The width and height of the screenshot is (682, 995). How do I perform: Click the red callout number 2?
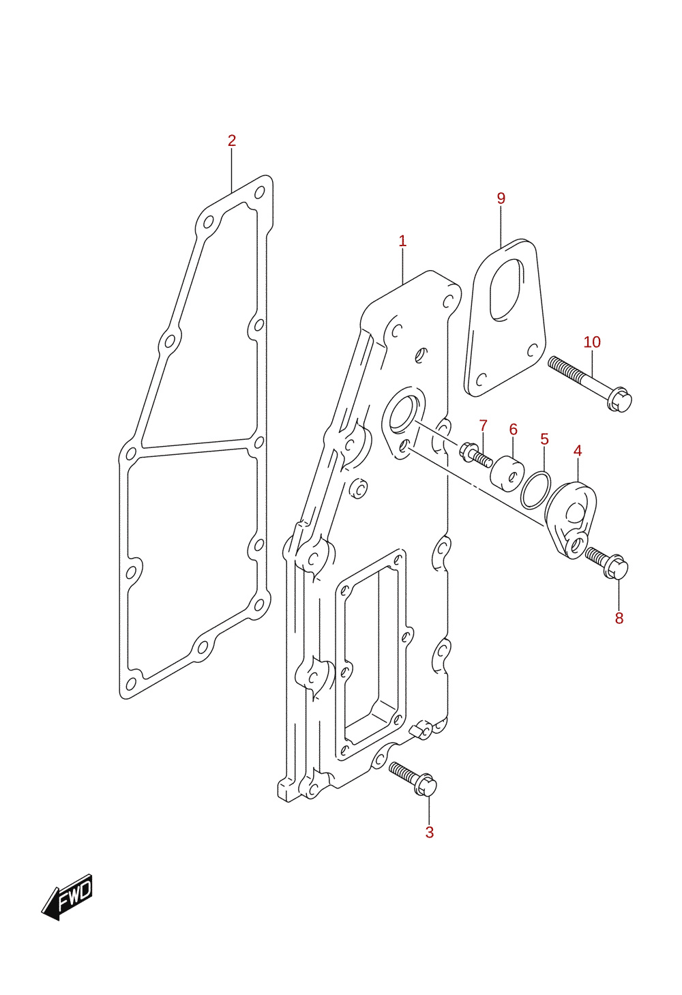click(231, 140)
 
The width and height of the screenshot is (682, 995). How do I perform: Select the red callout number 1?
click(402, 241)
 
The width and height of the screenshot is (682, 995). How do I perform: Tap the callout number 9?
click(501, 198)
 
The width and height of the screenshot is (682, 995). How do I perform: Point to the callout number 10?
click(592, 342)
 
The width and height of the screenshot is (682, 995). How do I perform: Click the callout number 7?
click(484, 425)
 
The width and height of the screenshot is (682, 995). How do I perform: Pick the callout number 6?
click(513, 429)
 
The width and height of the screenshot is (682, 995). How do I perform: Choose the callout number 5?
click(545, 439)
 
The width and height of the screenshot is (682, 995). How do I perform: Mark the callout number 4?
click(578, 450)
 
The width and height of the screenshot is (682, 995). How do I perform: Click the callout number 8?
click(619, 618)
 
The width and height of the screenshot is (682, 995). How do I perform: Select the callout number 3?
click(429, 833)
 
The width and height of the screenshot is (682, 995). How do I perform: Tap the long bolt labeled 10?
click(589, 384)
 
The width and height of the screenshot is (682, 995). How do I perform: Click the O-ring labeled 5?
click(536, 490)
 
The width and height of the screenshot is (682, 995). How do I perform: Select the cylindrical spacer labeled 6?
click(507, 474)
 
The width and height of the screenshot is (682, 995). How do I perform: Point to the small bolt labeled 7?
click(476, 456)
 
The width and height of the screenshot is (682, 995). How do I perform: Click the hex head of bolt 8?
click(618, 567)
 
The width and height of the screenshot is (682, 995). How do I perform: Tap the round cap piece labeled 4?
click(570, 520)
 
